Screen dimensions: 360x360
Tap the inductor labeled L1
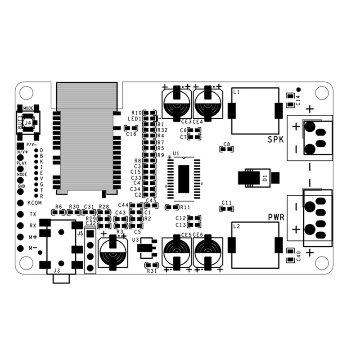[255, 111]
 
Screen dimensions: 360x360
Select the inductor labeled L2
[255, 245]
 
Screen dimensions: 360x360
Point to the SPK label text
[275, 139]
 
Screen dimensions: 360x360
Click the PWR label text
[276, 217]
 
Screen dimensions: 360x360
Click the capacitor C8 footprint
[228, 149]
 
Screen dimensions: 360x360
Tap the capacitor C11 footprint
[227, 208]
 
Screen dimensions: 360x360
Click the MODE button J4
[28, 121]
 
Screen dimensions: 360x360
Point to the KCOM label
[35, 203]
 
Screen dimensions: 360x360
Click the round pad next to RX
[20, 225]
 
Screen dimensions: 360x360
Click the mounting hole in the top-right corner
[321, 93]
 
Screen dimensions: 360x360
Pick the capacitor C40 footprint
[290, 252]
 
